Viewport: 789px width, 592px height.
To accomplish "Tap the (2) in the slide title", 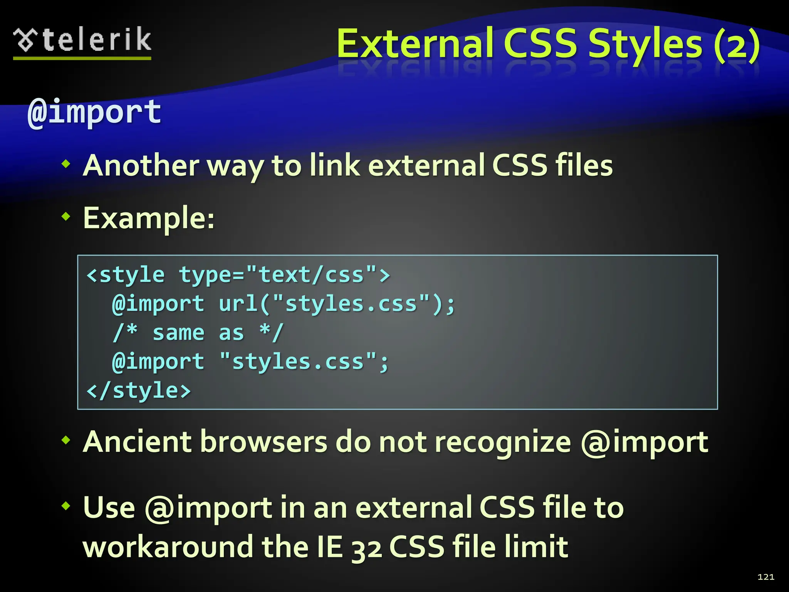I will click(736, 44).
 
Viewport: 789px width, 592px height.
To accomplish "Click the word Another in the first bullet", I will click(141, 166).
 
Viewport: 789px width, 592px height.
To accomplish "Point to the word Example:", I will click(149, 218).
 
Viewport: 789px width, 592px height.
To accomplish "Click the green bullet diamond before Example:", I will click(66, 217).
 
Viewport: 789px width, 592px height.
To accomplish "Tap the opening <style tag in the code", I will click(126, 275).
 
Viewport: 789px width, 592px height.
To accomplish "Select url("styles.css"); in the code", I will click(337, 304).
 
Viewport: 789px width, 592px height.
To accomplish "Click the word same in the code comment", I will click(178, 333).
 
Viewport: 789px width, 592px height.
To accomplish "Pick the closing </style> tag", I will click(139, 391).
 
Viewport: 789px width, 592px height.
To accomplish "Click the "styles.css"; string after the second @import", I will click(304, 362).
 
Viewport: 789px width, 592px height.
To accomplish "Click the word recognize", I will click(503, 442).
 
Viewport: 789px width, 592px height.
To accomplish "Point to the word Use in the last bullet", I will click(109, 508).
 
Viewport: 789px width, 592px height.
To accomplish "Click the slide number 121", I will click(765, 577).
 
